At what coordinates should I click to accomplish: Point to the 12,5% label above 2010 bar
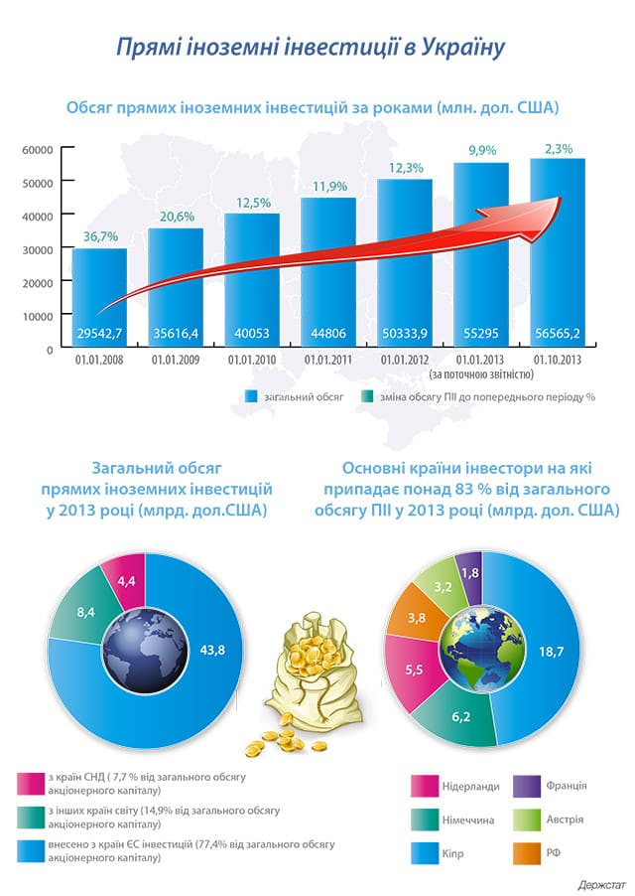coord(251,203)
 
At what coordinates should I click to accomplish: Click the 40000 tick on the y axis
coord(38,216)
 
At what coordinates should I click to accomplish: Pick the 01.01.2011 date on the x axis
coord(327,360)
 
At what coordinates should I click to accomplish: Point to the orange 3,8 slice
coord(417,618)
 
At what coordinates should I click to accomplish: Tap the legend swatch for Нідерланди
coord(426,787)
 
